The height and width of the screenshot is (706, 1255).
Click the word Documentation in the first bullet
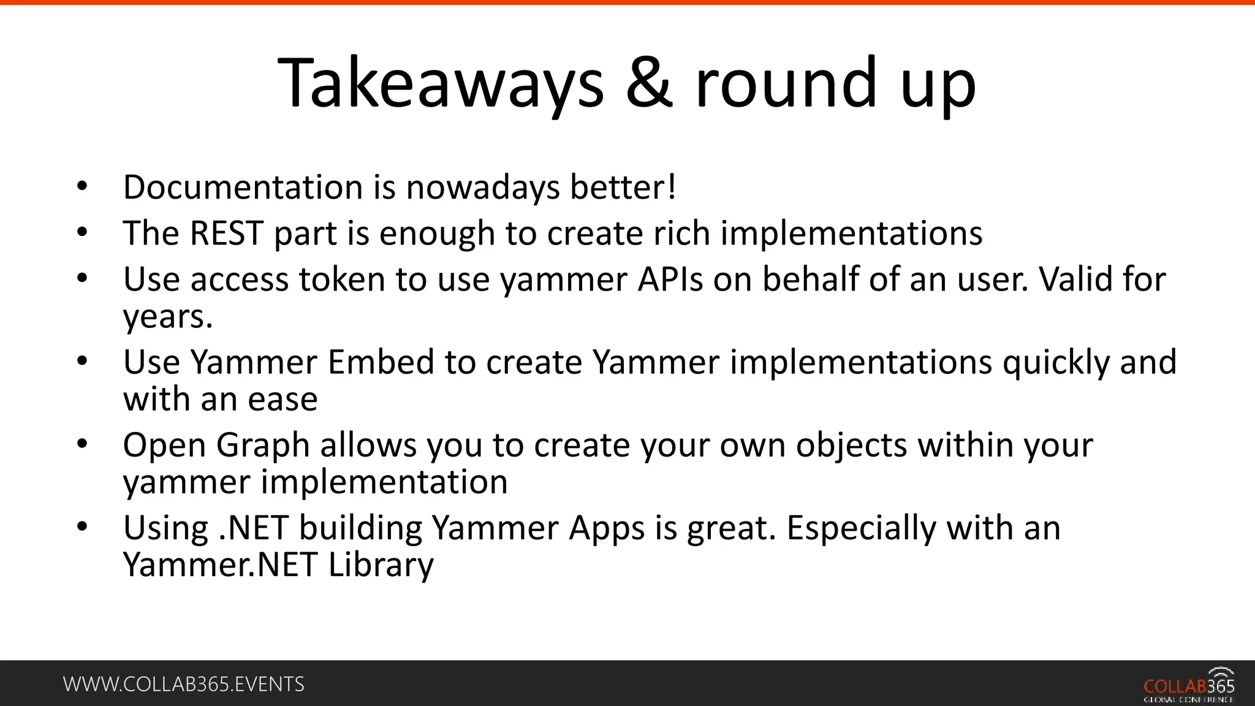pos(243,187)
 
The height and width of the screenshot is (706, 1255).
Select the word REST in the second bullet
pos(227,233)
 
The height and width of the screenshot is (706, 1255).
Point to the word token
pos(341,279)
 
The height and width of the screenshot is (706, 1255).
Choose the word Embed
pos(381,362)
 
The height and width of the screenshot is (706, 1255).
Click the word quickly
pos(1056,362)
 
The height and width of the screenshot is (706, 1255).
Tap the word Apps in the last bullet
pos(607,528)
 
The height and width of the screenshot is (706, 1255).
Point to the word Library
pos(381,564)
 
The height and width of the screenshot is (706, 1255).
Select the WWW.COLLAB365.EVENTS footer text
pos(184,684)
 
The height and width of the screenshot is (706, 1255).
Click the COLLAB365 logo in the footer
pos(1188,685)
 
